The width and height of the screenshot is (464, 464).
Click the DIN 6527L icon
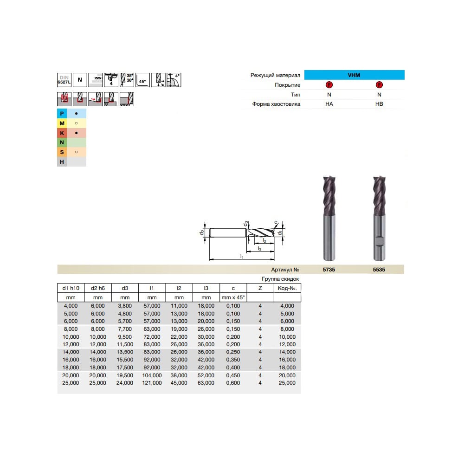click(x=64, y=80)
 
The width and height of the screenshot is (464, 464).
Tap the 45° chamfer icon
click(x=142, y=80)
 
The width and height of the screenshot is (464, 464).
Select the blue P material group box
click(x=62, y=113)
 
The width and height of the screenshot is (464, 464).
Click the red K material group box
click(x=62, y=133)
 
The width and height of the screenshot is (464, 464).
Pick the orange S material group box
click(x=62, y=152)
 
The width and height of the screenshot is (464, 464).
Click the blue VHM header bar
click(x=354, y=75)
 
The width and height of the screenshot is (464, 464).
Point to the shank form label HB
click(x=379, y=104)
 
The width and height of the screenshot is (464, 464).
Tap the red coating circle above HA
click(x=329, y=85)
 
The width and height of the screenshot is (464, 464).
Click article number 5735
click(x=329, y=270)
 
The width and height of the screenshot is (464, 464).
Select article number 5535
click(x=379, y=270)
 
